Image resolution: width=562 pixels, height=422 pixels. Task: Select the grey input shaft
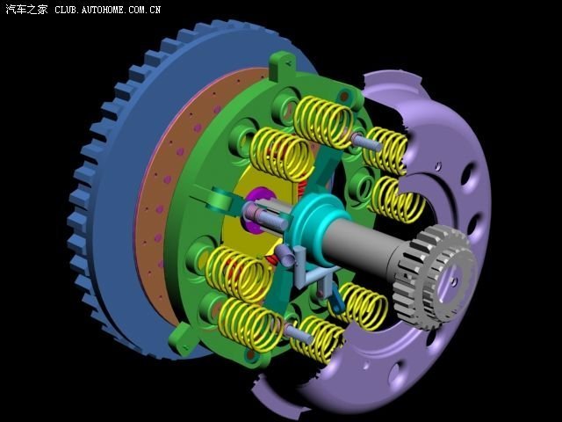pos(362,248)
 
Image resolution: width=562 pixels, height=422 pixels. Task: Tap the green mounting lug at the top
pos(283,64)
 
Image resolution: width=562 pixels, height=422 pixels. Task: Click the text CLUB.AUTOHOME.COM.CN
pos(107,10)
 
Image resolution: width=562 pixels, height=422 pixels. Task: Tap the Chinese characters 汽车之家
pos(26,10)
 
